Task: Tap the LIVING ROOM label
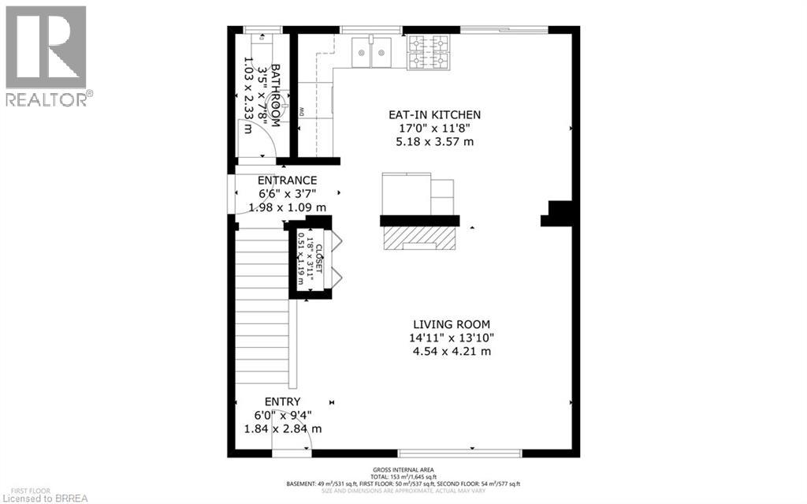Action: click(452, 324)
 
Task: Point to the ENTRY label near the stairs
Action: click(283, 401)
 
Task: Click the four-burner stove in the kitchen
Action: click(427, 53)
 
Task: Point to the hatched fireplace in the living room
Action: click(420, 238)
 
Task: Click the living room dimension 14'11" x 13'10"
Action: click(452, 338)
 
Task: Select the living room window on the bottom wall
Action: click(459, 453)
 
